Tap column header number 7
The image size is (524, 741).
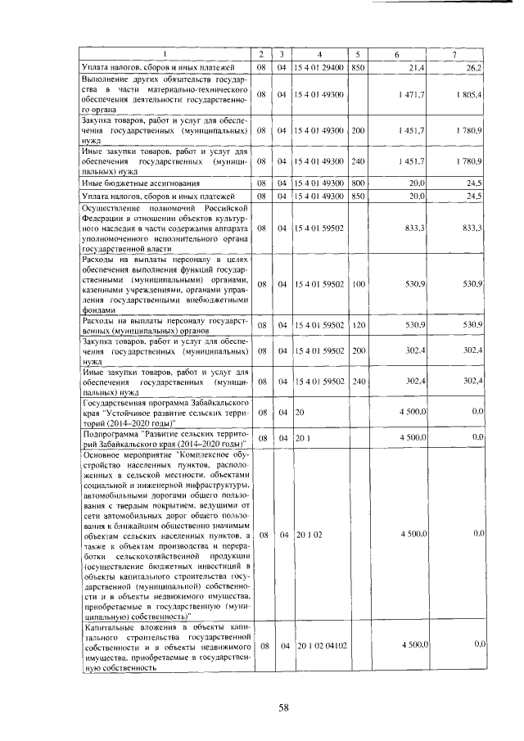(454, 54)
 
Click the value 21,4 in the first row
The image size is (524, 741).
(416, 66)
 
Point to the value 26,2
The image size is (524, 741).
(474, 66)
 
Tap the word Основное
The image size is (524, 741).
(102, 453)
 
